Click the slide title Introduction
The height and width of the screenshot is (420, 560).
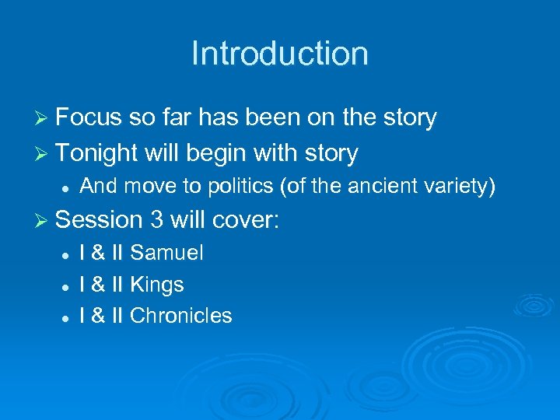click(x=279, y=54)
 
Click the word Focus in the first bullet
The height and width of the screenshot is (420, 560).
click(x=89, y=117)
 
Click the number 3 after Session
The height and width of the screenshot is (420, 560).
click(x=157, y=220)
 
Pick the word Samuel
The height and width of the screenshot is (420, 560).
click(x=166, y=253)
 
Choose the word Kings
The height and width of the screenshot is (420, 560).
click(x=157, y=285)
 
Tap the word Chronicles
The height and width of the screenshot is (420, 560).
click(x=181, y=316)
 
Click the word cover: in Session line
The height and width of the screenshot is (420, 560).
click(x=244, y=220)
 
